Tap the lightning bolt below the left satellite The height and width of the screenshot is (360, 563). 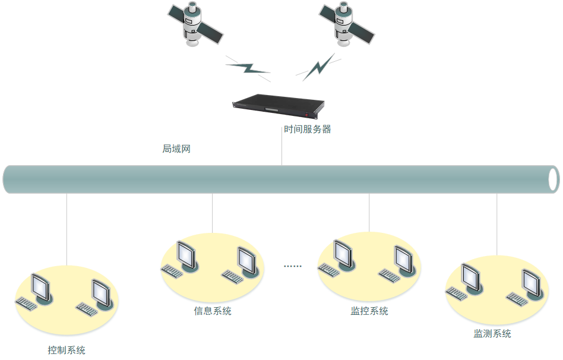pyautogui.click(x=248, y=68)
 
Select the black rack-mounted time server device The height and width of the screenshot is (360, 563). pyautogui.click(x=278, y=108)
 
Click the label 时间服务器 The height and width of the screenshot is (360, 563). pyautogui.click(x=307, y=130)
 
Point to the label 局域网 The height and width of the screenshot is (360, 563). pyautogui.click(x=176, y=149)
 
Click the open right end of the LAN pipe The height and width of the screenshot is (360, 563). pyautogui.click(x=553, y=179)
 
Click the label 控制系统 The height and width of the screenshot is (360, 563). pyautogui.click(x=67, y=350)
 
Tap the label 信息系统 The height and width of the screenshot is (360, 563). pyautogui.click(x=213, y=311)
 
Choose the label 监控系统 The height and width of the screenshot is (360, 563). pyautogui.click(x=369, y=311)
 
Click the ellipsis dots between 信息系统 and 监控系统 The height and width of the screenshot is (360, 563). pyautogui.click(x=293, y=266)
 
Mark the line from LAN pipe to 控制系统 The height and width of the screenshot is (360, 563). pyautogui.click(x=67, y=229)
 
